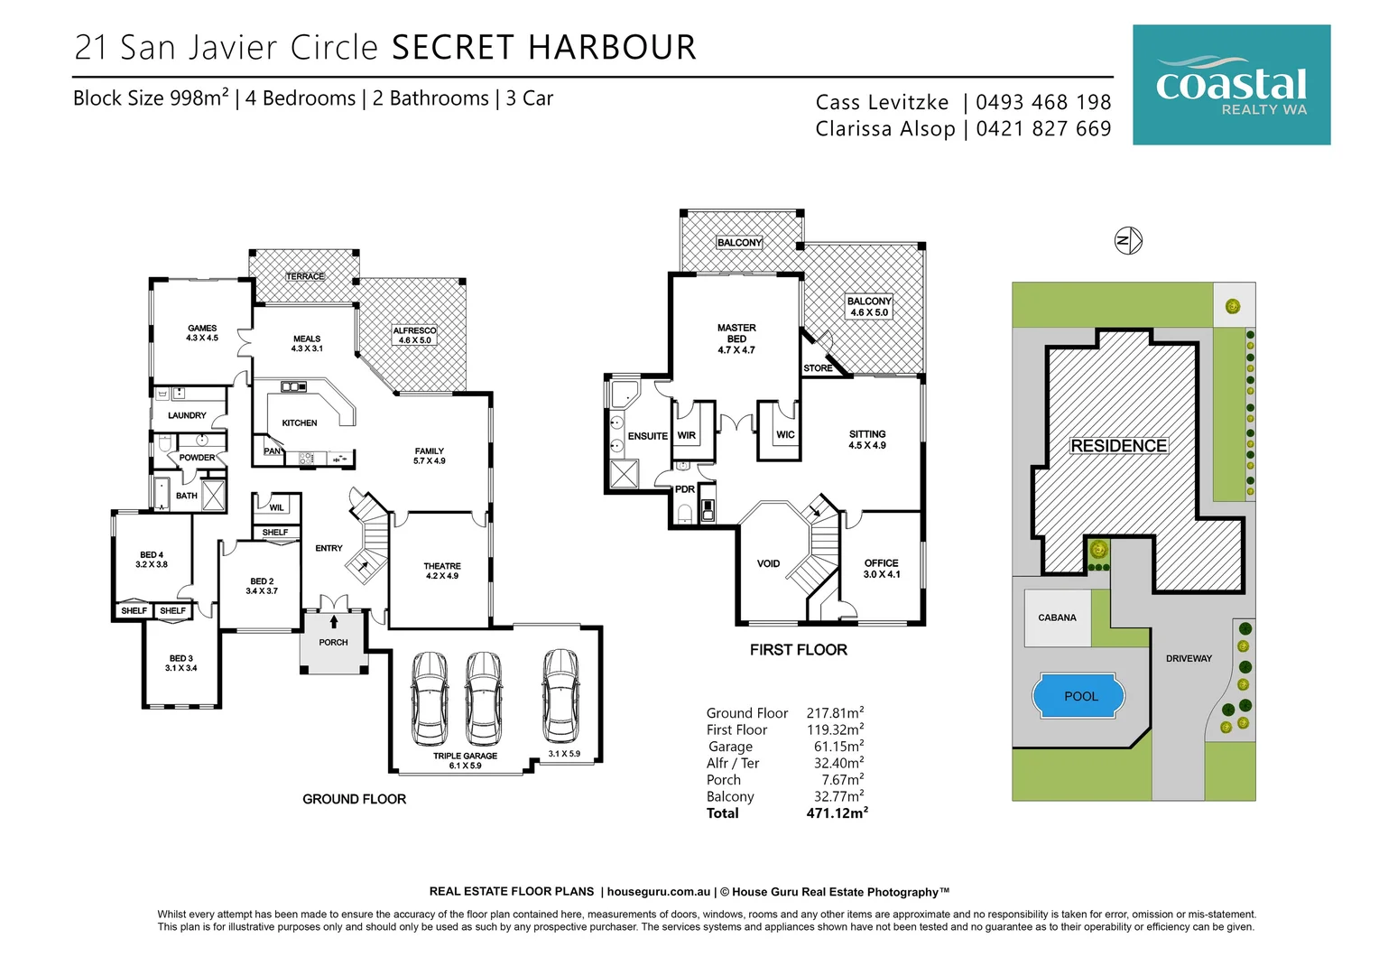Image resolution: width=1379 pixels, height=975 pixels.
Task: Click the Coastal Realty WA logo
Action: (1231, 85)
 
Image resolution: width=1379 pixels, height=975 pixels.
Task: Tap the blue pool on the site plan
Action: (1079, 696)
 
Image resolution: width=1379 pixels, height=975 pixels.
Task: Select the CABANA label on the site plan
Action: (1057, 618)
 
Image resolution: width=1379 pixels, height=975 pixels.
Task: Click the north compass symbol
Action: (1128, 240)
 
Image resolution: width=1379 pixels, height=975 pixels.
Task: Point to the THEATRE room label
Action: (442, 567)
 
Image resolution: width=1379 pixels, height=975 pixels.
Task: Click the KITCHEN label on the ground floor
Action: (300, 422)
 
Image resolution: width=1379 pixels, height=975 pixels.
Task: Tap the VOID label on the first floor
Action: (768, 564)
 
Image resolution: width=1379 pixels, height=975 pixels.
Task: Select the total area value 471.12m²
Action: (837, 813)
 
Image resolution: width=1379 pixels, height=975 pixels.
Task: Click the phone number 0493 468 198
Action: (1043, 103)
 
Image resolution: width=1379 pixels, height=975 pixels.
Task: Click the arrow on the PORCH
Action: (334, 621)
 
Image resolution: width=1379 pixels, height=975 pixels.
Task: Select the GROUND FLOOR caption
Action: (354, 799)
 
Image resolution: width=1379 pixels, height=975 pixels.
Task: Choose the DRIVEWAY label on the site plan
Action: (1189, 658)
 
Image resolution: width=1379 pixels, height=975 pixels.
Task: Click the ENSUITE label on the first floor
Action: (647, 436)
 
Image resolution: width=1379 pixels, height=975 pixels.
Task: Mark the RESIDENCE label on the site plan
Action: (1118, 446)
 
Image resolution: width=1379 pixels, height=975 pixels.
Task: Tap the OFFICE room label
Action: (881, 563)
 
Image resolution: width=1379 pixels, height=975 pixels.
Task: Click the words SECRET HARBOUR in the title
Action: (544, 48)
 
